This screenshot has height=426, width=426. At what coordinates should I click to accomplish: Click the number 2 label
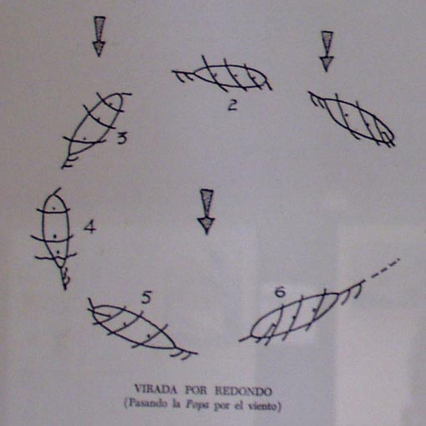pos(233,105)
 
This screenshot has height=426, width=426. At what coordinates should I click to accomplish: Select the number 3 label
pos(122,138)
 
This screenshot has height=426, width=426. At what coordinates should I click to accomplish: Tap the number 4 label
pos(90,226)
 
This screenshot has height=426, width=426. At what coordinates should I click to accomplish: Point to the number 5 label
pos(146,298)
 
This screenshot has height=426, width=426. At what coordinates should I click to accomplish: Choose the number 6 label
pos(280,292)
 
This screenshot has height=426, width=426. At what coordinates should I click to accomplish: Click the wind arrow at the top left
pos(99,37)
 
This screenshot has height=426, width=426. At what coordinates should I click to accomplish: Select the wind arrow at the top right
pos(327,51)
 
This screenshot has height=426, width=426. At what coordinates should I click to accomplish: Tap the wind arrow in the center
pos(206,212)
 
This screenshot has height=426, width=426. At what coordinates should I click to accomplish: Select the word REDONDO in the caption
pos(243,392)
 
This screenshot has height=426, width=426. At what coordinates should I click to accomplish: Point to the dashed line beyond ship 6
pos(386,268)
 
